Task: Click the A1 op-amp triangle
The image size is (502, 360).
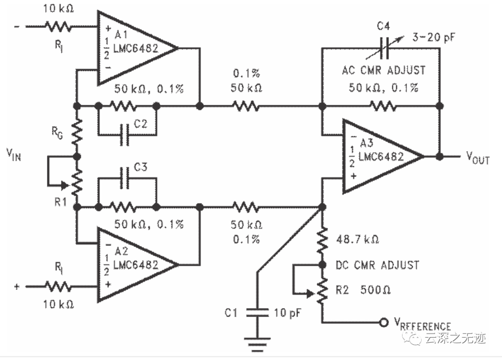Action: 132,48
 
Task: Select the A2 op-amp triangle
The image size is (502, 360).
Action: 132,265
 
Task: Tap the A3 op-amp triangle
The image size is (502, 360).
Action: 379,156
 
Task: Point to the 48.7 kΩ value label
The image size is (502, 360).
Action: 357,240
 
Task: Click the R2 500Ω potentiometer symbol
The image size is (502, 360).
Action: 321,291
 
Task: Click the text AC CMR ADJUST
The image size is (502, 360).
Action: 383,70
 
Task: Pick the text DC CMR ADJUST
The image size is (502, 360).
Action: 377,265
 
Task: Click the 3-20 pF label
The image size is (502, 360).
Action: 432,38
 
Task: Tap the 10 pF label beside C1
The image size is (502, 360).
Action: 287,313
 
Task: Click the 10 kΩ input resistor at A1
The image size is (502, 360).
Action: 58,27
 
